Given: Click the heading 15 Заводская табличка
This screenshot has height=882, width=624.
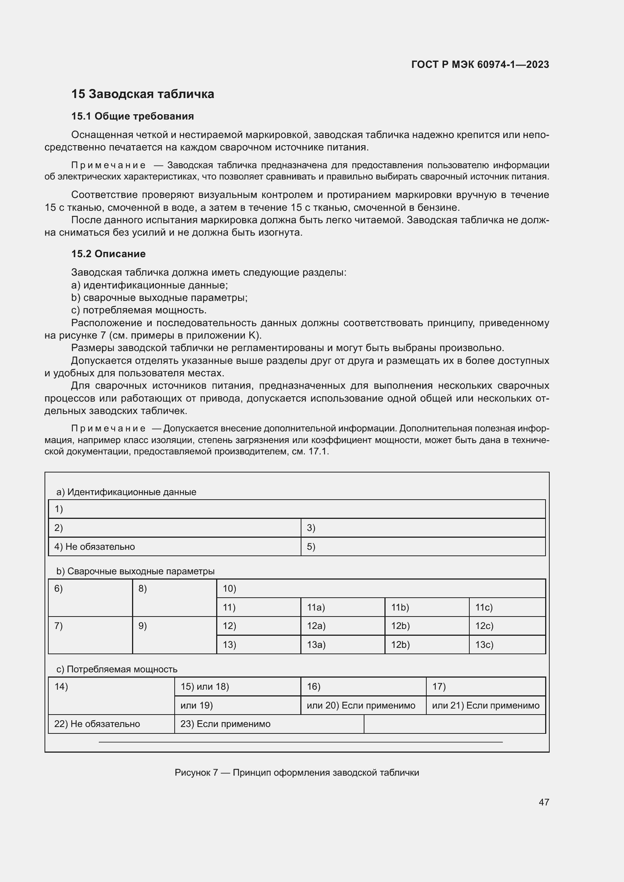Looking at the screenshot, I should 143,94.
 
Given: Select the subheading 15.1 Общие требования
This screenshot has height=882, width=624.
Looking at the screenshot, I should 132,116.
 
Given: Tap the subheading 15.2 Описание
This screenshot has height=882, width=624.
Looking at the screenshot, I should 108,253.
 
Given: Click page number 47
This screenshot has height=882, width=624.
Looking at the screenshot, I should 544,802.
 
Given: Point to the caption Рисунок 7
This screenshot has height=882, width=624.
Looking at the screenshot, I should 297,773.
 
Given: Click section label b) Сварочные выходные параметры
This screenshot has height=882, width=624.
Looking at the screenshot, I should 135,571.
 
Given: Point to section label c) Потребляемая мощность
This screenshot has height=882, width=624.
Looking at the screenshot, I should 117,669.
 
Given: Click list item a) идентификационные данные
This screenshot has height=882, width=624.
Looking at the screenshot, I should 150,285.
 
